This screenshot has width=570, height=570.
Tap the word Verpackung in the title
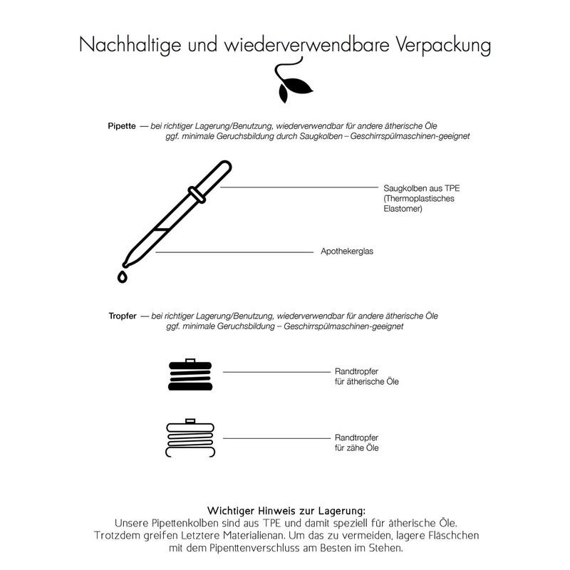442,46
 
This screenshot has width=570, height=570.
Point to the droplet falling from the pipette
122,276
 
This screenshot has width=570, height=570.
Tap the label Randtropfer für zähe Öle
356,442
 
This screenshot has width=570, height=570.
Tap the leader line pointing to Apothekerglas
235,252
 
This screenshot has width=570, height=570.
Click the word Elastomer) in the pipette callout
403,209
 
